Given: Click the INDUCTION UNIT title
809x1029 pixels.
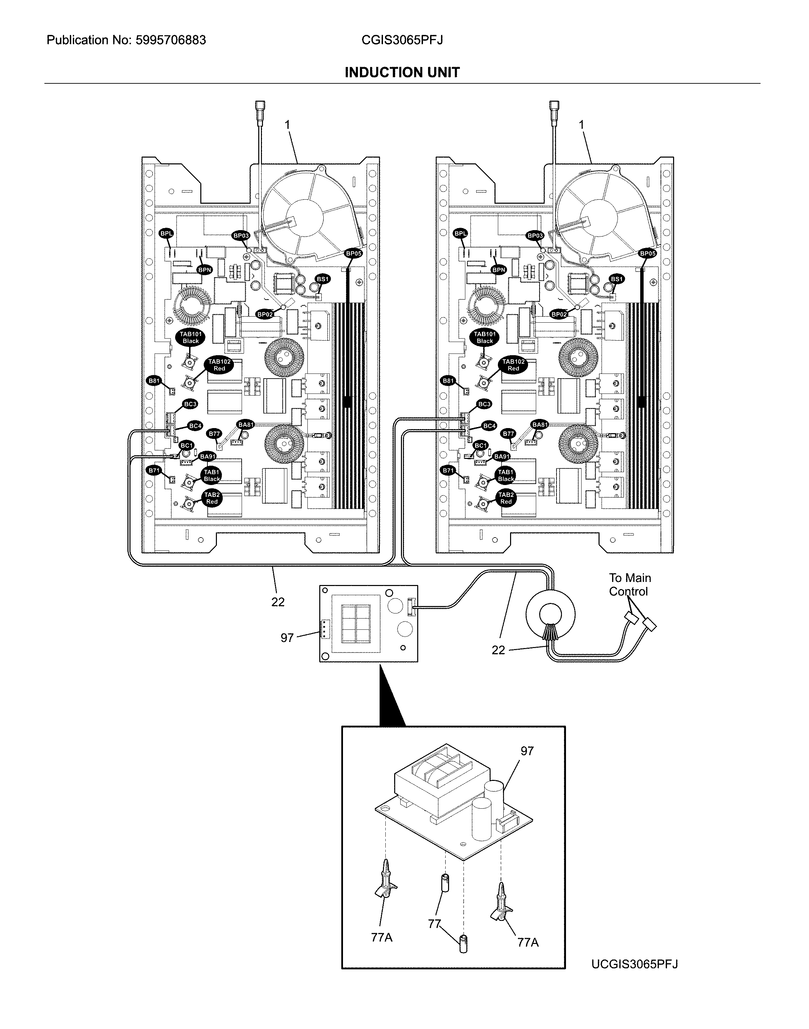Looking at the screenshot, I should [x=402, y=73].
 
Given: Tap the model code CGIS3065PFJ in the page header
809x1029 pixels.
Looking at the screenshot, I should [x=402, y=40].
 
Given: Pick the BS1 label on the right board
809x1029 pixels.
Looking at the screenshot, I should [x=617, y=279].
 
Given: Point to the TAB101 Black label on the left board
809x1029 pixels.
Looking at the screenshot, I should [x=191, y=338].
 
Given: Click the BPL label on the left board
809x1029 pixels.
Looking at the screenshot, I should [x=166, y=234].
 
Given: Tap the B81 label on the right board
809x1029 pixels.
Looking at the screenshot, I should [x=448, y=381].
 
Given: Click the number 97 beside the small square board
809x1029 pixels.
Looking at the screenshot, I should [x=287, y=638].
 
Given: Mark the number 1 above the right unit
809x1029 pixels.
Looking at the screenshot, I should [x=582, y=124].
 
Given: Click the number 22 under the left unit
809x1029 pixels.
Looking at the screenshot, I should [x=278, y=602].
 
